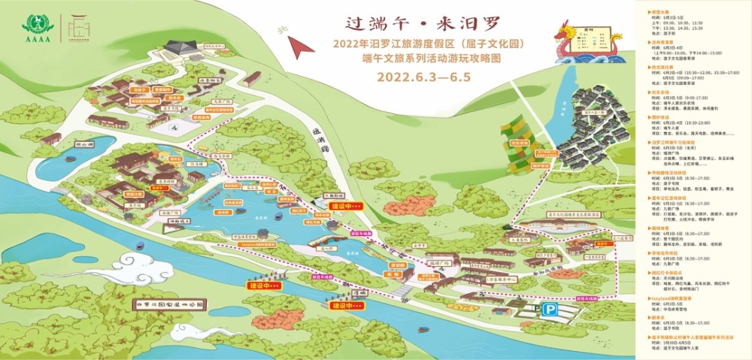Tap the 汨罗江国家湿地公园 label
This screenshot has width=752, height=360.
point(174,304)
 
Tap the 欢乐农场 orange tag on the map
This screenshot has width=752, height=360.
point(517,141)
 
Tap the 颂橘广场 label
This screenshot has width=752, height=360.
point(439,263)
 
